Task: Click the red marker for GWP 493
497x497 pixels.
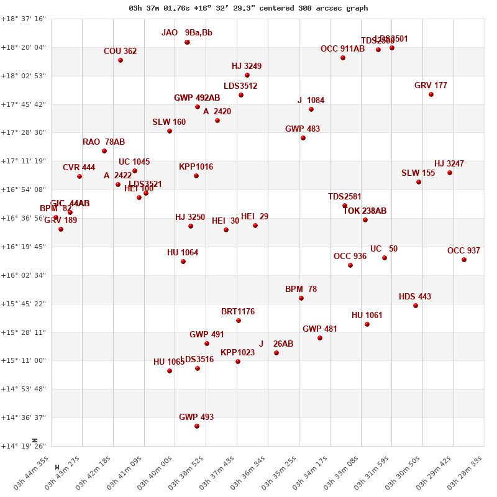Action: [x=197, y=426]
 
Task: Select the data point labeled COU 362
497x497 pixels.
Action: [x=121, y=60]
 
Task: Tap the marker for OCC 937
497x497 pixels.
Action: [x=464, y=260]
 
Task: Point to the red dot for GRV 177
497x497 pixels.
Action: [x=431, y=94]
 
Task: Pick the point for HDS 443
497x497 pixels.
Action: [x=416, y=306]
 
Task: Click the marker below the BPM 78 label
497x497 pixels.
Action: [x=301, y=298]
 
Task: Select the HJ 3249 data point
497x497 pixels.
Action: [x=247, y=75]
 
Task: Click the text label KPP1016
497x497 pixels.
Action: [x=196, y=167]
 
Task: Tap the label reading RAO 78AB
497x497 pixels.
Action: [x=104, y=142]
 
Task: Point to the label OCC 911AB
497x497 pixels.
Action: [x=342, y=49]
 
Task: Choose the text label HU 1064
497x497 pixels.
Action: [x=183, y=253]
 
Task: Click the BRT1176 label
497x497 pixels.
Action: [x=238, y=312]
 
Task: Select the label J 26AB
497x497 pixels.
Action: [x=276, y=344]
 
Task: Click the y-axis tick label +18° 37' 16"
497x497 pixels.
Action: [x=23, y=19]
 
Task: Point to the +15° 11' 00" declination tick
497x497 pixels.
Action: [x=23, y=360]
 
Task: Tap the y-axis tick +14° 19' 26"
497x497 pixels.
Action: [x=23, y=446]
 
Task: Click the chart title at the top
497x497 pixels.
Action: [x=248, y=8]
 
